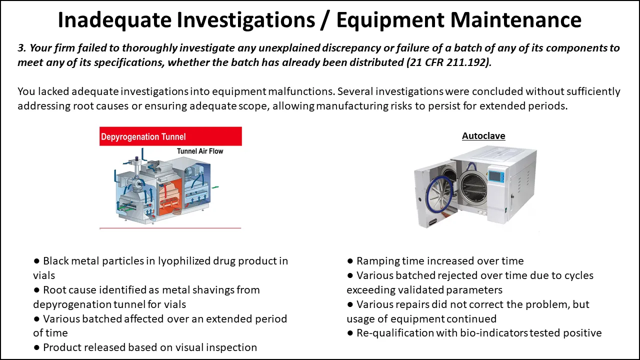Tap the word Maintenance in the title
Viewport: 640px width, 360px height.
coord(515,20)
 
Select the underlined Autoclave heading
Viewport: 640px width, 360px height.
coord(483,136)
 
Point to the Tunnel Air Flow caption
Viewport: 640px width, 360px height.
coord(200,151)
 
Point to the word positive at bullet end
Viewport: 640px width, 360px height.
coord(582,333)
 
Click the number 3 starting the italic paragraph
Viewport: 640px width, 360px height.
coord(20,48)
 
